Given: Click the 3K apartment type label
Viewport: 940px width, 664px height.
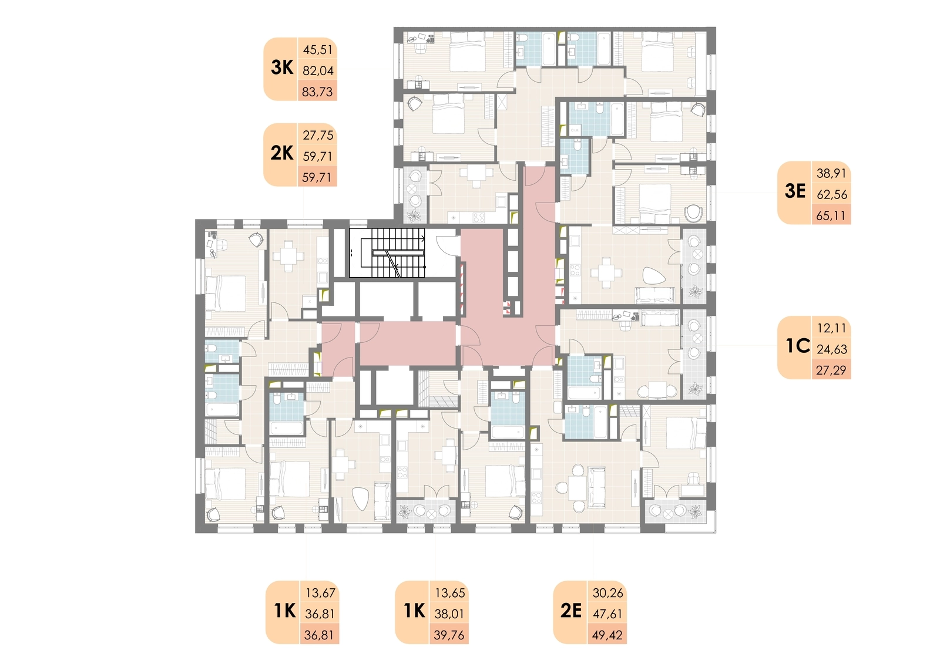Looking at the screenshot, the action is coord(282,68).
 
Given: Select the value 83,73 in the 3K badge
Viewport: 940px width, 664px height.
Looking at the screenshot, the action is coord(317,92).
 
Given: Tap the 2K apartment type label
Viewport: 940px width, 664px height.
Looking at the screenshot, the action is coord(282,153).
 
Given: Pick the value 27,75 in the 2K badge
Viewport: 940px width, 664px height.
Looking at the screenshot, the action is coord(318,135).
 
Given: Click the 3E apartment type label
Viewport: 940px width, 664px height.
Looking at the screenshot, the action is coord(795,191).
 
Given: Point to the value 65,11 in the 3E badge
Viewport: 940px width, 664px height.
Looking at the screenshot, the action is coord(831,215).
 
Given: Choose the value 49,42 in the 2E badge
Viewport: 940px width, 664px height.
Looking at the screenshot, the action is coord(607,635).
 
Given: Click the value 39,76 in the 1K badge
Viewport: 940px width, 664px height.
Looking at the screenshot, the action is coord(449,635).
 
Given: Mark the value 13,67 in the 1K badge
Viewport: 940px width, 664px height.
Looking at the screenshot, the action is coord(321,593).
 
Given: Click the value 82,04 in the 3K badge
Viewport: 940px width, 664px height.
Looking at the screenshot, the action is coord(318,70).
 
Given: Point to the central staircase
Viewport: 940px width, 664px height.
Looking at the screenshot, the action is coord(387,253).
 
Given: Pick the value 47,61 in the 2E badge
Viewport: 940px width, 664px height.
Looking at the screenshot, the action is coord(607,614).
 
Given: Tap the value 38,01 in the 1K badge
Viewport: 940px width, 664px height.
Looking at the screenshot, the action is coord(449,614).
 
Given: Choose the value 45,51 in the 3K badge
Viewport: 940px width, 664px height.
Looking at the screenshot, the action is coord(318,49).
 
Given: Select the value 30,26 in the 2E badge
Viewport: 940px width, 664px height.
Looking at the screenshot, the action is coord(607,593).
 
